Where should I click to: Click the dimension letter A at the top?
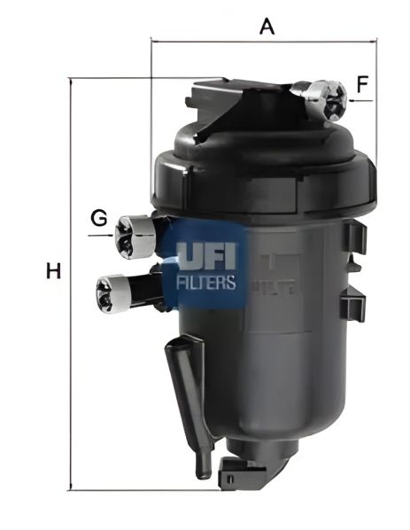(267, 26)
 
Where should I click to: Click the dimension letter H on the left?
(53, 271)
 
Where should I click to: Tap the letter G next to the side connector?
(99, 217)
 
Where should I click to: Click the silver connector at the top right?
(325, 99)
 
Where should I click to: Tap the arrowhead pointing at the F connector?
(353, 101)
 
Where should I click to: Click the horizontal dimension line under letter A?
(266, 40)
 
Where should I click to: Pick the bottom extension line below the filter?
(177, 490)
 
